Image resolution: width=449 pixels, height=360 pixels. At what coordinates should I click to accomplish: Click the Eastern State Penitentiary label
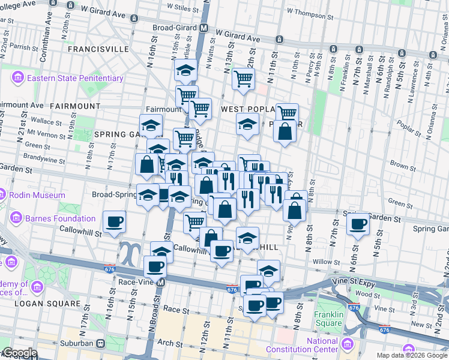point(75,78)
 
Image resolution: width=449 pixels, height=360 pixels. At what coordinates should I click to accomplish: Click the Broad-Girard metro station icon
point(204,28)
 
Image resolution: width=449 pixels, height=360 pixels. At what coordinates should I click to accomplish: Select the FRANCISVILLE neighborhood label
point(98,48)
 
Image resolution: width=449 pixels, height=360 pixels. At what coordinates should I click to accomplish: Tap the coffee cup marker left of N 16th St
point(114,222)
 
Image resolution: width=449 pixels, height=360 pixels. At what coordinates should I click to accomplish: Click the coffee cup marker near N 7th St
point(358,224)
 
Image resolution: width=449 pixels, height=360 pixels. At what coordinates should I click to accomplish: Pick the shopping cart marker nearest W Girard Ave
point(243,78)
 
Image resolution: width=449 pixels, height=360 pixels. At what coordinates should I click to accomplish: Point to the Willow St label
point(326,262)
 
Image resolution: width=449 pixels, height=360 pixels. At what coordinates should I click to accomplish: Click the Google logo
point(19,353)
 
